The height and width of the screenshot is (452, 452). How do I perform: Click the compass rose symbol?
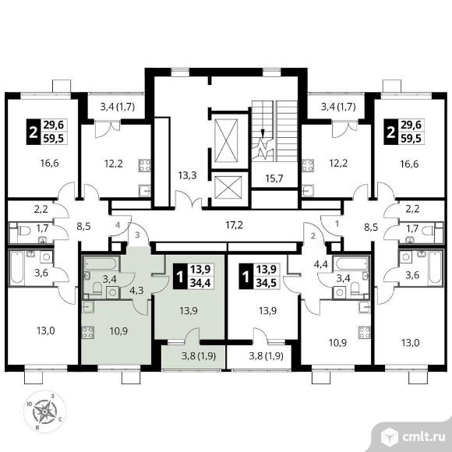pyautogui.click(x=44, y=411)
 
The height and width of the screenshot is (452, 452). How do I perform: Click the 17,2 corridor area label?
pyautogui.click(x=234, y=225)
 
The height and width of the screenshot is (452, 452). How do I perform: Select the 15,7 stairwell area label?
pyautogui.click(x=274, y=178)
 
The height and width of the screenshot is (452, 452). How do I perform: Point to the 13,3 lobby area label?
pyautogui.click(x=187, y=175)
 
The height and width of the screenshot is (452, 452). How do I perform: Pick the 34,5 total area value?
pyautogui.click(x=267, y=283)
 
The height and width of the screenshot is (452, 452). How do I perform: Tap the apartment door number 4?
pyautogui.click(x=118, y=225)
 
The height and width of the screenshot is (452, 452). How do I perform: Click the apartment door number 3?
pyautogui.click(x=137, y=235)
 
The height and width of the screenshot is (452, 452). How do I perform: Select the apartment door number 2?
pyautogui.click(x=313, y=236)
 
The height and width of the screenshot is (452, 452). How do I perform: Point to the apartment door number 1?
pyautogui.click(x=337, y=224)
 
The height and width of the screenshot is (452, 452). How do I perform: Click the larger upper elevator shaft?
pyautogui.click(x=227, y=139)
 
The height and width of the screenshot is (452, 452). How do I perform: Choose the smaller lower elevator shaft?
pyautogui.click(x=228, y=187)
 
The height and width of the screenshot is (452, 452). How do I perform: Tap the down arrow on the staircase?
pyautogui.click(x=263, y=132)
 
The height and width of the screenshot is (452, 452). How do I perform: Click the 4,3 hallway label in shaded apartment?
pyautogui.click(x=136, y=290)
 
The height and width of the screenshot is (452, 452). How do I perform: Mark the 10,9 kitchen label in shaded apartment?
pyautogui.click(x=118, y=331)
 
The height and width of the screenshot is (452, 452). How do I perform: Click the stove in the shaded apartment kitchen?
pyautogui.click(x=88, y=332)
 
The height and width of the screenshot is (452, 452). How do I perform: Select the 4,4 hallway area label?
pyautogui.click(x=321, y=264)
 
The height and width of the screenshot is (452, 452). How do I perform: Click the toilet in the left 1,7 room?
pyautogui.click(x=24, y=231)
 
